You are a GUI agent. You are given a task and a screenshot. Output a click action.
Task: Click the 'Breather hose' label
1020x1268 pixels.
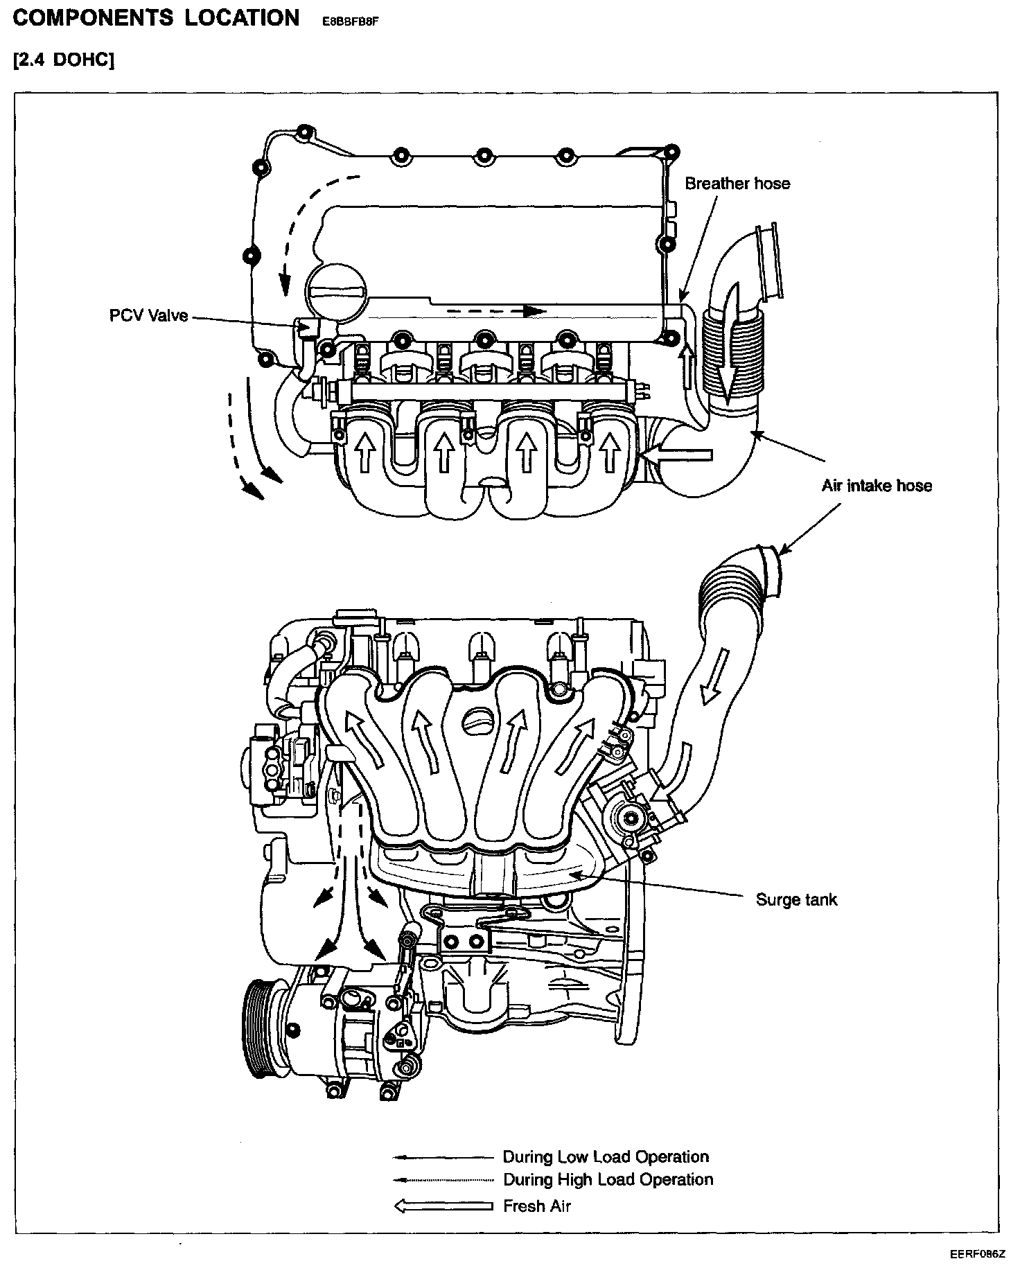coord(737,184)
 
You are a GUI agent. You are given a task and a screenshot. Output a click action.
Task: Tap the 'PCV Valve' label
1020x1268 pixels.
coord(148,316)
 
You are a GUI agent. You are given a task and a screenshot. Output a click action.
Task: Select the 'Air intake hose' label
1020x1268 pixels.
coord(877,486)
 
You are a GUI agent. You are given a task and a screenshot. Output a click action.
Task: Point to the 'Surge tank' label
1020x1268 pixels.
coord(796,900)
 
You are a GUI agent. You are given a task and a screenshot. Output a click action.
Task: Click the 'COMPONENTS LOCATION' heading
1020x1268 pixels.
coord(156,18)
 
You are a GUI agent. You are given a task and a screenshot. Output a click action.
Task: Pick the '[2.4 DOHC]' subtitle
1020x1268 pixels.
coord(63,60)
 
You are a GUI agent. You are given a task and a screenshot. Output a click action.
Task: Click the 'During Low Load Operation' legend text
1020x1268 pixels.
coord(606,1157)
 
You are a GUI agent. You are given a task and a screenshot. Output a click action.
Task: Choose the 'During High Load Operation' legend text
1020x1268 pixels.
coord(608,1179)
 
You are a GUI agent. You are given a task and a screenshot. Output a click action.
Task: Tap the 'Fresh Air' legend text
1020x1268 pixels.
coord(536,1206)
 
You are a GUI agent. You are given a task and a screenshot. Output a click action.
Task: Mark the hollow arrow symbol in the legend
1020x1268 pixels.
coord(443,1206)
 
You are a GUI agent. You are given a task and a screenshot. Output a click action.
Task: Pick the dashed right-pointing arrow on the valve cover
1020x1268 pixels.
coord(495,311)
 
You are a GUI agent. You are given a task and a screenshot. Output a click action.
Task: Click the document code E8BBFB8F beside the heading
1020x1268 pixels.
coord(351,21)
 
